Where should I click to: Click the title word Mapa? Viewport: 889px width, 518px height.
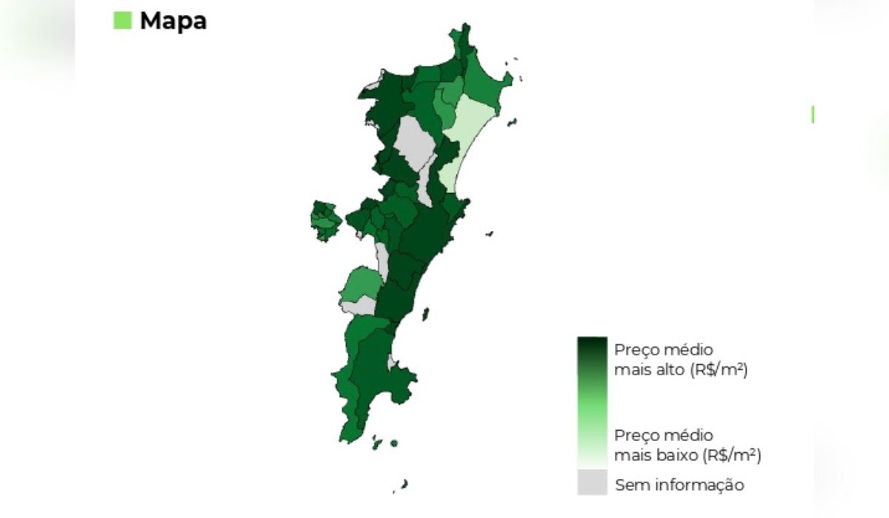point(173,21)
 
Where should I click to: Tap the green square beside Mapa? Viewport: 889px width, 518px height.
point(122,20)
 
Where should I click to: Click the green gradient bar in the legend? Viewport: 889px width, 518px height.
point(592,400)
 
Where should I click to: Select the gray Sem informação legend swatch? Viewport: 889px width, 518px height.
point(592,482)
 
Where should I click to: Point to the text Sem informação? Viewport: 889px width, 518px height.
point(679,485)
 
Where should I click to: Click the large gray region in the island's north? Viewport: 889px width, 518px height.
point(414,144)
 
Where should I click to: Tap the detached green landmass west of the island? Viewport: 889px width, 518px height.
point(325,221)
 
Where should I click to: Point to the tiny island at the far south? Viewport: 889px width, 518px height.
point(404,484)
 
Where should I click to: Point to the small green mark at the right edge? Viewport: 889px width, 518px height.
point(813,114)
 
